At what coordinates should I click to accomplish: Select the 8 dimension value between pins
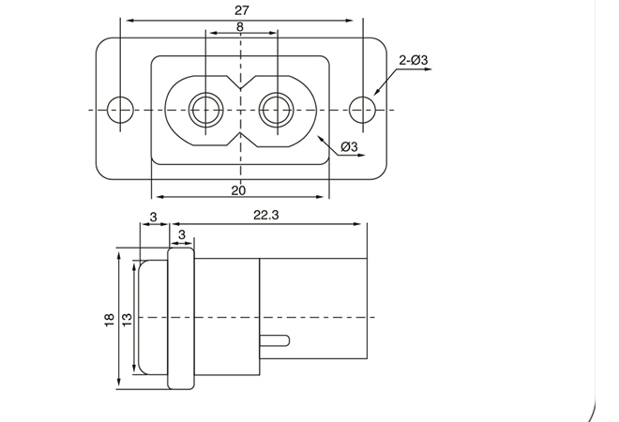click(x=240, y=27)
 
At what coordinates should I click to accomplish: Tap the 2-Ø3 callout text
click(x=413, y=61)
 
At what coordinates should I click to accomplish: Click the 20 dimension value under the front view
click(x=238, y=189)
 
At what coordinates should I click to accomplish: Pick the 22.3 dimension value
click(x=267, y=215)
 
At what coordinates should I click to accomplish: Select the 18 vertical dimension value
click(x=110, y=319)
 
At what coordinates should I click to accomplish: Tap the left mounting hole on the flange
click(x=119, y=109)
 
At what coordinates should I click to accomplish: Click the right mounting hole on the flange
click(x=361, y=109)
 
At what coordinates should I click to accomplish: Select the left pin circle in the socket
click(x=204, y=109)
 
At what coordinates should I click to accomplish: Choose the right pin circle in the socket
click(x=276, y=109)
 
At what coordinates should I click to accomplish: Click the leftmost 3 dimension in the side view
click(x=152, y=217)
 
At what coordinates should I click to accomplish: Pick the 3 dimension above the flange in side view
click(x=181, y=233)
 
